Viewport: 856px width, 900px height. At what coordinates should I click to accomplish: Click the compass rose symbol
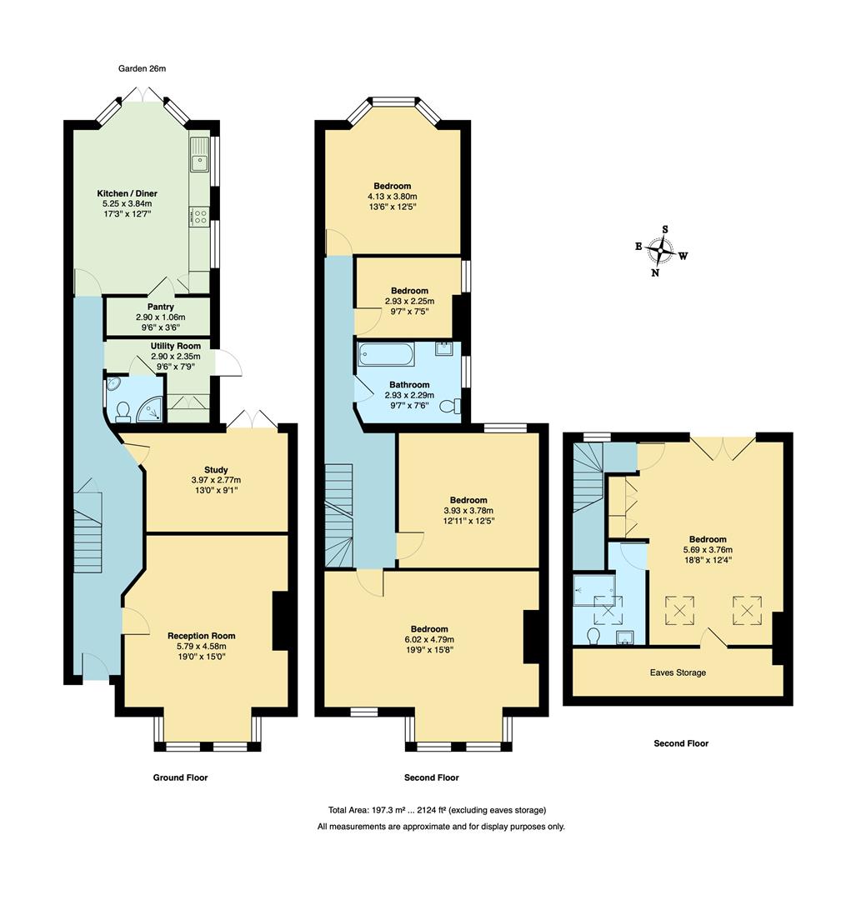click(x=663, y=249)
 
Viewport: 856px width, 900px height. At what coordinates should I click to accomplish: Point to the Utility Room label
click(x=175, y=346)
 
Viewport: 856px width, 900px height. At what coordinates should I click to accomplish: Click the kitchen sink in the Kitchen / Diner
click(x=199, y=159)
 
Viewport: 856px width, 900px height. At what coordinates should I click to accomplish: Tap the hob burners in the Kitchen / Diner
click(x=199, y=217)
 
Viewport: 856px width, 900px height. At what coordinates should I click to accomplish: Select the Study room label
click(x=216, y=470)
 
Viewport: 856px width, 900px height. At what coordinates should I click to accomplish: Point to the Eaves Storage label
click(x=678, y=672)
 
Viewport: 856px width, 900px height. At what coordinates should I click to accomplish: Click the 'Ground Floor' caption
click(x=180, y=777)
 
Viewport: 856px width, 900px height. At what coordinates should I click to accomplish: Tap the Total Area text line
click(x=437, y=810)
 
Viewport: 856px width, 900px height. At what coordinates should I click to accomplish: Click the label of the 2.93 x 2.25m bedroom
click(x=409, y=291)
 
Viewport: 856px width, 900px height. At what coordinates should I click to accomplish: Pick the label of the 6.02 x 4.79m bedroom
click(x=429, y=629)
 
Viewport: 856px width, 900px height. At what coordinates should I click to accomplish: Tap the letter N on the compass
click(x=656, y=272)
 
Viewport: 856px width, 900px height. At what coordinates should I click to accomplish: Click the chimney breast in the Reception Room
click(x=280, y=620)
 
